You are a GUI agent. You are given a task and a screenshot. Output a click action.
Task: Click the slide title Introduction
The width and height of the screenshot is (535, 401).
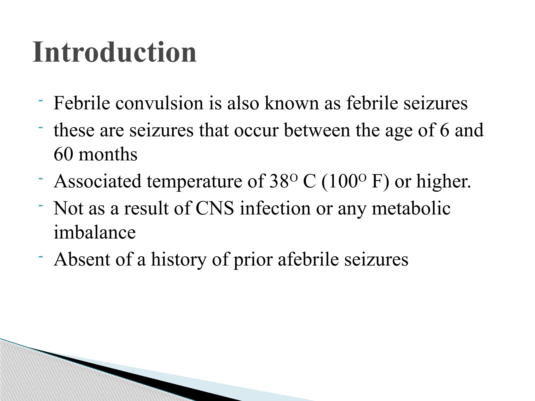[x=114, y=52]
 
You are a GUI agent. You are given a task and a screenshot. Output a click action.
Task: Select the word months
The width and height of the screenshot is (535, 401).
[x=108, y=154]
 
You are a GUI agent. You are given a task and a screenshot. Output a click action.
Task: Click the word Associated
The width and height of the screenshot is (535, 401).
[x=97, y=181]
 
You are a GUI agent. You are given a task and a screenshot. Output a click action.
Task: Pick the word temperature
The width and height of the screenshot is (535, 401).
[x=194, y=181]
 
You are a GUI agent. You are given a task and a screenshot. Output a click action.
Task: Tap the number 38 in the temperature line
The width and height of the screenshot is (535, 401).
[x=279, y=181]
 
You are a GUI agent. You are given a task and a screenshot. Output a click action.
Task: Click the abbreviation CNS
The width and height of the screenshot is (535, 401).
[x=215, y=208]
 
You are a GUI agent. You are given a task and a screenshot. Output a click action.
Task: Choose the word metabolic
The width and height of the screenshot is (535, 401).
[x=411, y=208]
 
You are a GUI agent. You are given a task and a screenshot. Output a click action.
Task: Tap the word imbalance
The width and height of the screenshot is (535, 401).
[x=95, y=232]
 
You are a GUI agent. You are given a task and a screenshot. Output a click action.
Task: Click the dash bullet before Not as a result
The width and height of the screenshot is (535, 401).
[x=40, y=206]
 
